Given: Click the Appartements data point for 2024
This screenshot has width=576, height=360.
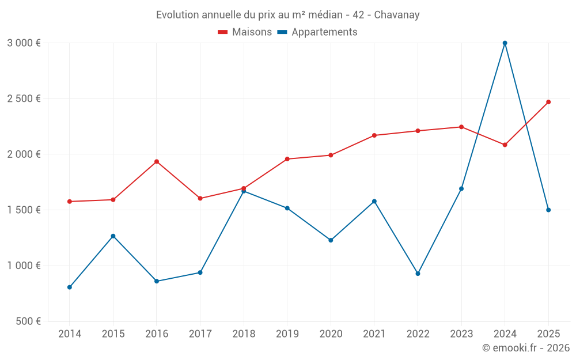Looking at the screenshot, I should point(505,43).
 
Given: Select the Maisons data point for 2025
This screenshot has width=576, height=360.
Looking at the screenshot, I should point(548,102).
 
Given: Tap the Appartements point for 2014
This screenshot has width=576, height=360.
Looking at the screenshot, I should point(70,287).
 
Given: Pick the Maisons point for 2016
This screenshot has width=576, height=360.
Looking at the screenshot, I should point(157,161).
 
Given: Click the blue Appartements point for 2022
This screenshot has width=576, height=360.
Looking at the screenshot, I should point(418,274).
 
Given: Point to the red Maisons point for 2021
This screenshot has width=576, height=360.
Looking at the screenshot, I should point(374,135).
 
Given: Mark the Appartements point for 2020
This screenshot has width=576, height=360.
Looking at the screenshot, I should point(331,240).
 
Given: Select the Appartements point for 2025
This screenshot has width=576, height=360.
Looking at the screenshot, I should point(548,210).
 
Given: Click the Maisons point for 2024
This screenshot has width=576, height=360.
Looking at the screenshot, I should point(505,145).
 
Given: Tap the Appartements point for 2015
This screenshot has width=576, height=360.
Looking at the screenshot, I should point(113,236).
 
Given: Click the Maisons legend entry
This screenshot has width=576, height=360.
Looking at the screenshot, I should point(245,32).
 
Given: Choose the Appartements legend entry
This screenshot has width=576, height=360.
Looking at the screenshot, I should point(317,32).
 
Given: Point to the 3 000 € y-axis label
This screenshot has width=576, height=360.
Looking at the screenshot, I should point(24,43).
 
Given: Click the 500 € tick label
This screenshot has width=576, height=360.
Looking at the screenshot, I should point(28,321).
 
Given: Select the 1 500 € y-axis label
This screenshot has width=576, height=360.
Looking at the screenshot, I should point(24,210).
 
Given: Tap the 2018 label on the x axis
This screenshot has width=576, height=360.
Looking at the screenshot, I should point(244,334).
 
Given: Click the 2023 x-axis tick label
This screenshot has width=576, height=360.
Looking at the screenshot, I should point(461,334).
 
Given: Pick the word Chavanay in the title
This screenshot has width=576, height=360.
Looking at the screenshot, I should point(397,15).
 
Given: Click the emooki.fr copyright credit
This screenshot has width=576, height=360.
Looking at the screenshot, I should point(525,348).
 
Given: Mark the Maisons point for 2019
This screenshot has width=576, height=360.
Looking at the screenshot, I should point(287,159).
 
